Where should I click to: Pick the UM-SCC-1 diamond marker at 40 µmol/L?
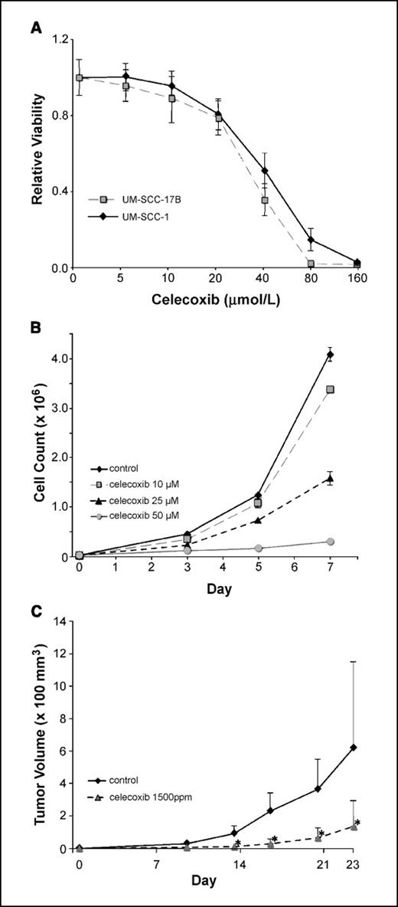(265, 171)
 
